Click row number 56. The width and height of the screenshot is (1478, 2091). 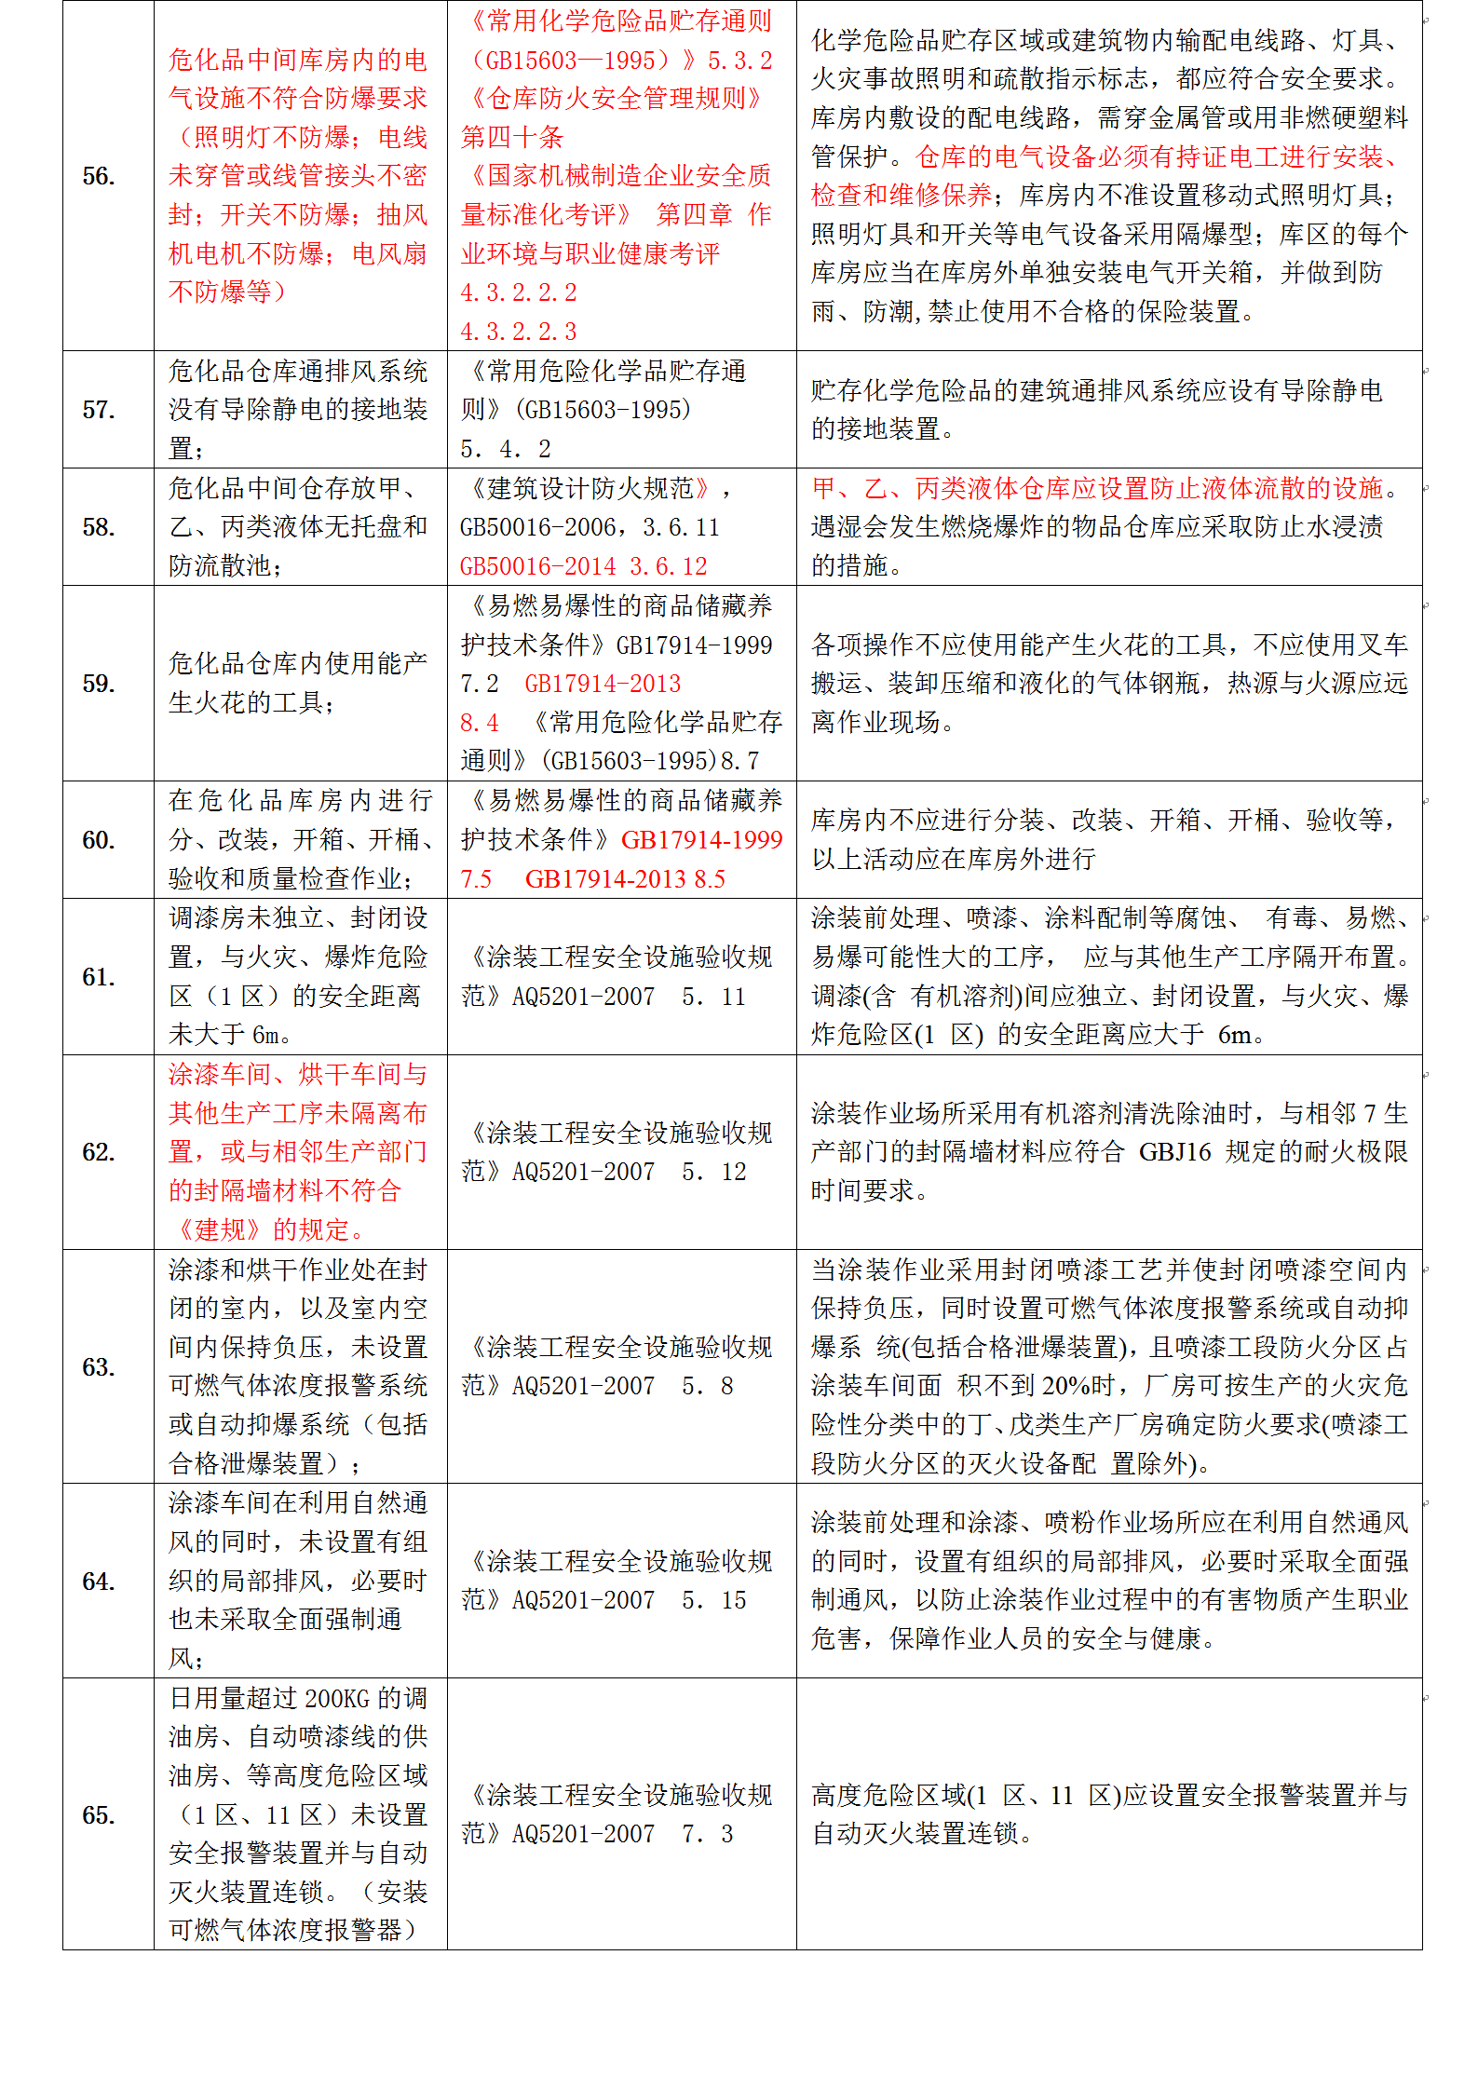(x=99, y=176)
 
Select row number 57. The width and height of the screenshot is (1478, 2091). (x=99, y=410)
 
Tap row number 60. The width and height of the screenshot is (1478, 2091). (x=99, y=840)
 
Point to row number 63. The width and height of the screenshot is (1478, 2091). (x=99, y=1367)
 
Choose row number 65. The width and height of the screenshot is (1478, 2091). (x=99, y=1815)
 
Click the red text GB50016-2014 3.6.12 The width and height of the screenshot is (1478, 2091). (x=584, y=566)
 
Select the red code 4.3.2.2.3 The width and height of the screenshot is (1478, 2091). (x=519, y=332)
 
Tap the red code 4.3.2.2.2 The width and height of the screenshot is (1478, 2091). (x=519, y=292)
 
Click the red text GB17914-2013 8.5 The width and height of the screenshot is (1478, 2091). (x=625, y=879)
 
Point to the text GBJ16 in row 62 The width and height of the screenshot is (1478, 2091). (x=1174, y=1152)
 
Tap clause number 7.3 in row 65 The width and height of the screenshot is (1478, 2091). (x=708, y=1834)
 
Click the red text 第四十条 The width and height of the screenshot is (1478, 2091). (x=512, y=138)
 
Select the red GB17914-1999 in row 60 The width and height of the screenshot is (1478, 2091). (x=701, y=840)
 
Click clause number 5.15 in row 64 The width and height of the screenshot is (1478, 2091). (x=714, y=1600)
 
